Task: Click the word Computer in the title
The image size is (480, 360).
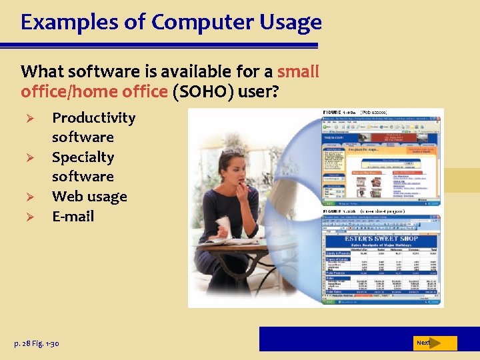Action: pos(201,23)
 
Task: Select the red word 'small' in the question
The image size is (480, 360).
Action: pos(298,71)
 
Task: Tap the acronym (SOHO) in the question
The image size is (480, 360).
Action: pos(203,91)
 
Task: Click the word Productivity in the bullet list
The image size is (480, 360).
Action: pos(93,118)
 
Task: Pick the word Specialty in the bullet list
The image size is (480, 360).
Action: pos(83,157)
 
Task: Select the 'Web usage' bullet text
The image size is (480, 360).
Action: pos(89,197)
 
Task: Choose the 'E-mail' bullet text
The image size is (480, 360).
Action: pos(73,216)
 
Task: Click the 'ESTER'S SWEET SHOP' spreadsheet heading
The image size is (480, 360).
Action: pos(381,238)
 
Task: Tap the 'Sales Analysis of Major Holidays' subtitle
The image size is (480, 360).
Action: pos(381,245)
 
